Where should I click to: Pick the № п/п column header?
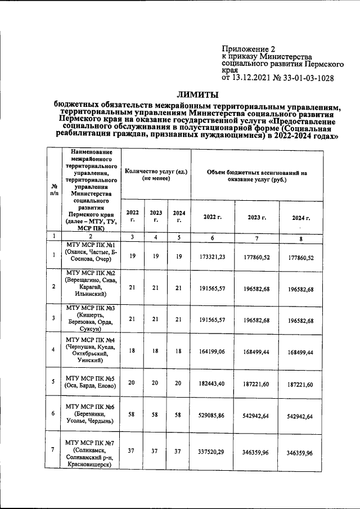click(55, 190)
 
